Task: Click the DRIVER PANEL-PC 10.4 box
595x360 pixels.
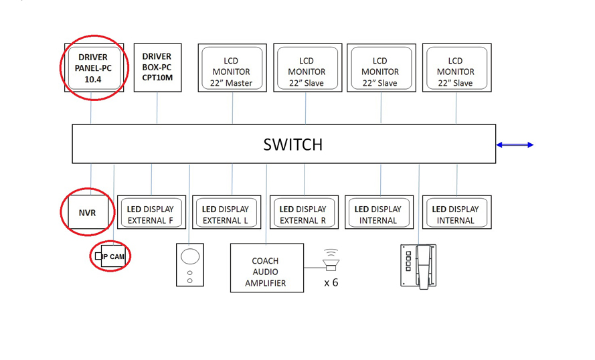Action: [92, 68]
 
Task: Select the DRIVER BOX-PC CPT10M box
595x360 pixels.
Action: [157, 67]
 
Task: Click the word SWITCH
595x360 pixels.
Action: [292, 145]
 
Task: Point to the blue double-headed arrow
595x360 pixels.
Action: [515, 145]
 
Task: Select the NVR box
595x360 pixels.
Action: [87, 213]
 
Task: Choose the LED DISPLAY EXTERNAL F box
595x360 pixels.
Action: [151, 214]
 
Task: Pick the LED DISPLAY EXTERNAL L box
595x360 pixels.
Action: [226, 214]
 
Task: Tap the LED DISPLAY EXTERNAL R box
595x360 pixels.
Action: [303, 214]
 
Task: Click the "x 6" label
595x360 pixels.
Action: [331, 282]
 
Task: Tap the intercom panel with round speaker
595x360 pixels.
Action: [190, 265]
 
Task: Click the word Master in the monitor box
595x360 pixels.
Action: [240, 83]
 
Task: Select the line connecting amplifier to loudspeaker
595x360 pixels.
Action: [313, 268]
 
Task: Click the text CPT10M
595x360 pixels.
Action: [157, 78]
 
